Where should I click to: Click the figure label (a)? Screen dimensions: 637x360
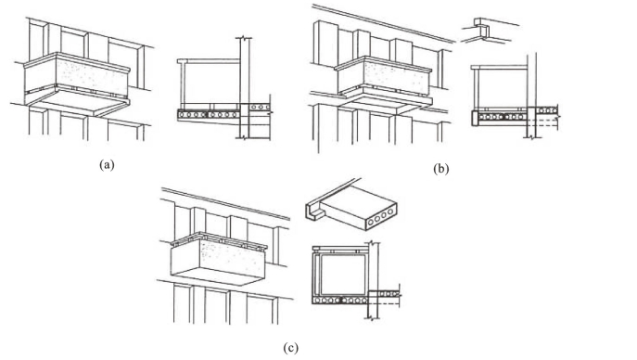click(x=107, y=165)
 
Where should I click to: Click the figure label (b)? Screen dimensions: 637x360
click(x=440, y=169)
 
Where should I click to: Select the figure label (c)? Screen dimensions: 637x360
click(x=290, y=348)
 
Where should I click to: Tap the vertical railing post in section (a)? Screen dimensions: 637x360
click(x=184, y=86)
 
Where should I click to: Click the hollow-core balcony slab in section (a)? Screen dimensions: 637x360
click(x=209, y=115)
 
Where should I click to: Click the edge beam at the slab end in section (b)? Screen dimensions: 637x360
click(x=475, y=118)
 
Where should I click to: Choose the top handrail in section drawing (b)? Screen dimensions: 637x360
click(x=499, y=67)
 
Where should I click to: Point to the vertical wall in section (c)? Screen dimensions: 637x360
click(x=373, y=280)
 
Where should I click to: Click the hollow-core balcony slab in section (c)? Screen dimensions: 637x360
click(x=339, y=301)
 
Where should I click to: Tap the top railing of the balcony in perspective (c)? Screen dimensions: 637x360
click(x=219, y=240)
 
